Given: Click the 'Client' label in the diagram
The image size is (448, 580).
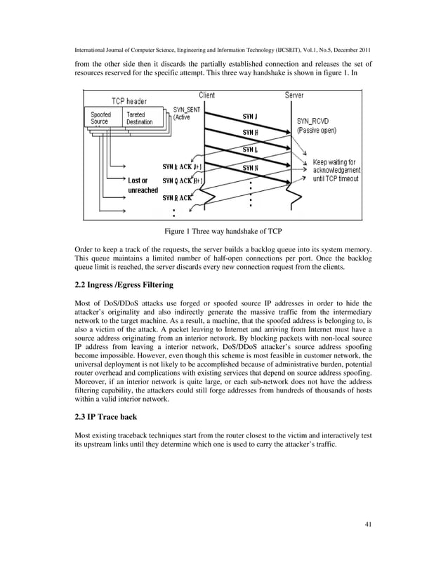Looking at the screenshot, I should tap(206, 95).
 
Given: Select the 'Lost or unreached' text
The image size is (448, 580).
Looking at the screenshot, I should tap(143, 185).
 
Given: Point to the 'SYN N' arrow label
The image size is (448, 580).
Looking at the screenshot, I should tap(250, 168).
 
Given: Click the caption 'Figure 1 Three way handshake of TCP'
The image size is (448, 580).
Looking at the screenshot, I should tap(223, 231).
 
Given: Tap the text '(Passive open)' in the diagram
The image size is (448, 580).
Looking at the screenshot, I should tap(317, 131).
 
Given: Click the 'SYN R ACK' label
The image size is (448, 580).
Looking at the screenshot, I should tap(177, 198).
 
